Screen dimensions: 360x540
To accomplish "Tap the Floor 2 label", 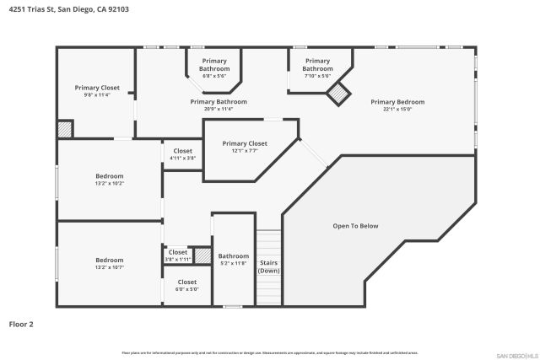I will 21,323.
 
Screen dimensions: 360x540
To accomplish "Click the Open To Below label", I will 355,226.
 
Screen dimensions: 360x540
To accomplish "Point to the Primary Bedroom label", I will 397,101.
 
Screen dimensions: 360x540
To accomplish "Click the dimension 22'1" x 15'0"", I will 397,109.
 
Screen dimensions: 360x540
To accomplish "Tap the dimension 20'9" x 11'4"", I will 218,109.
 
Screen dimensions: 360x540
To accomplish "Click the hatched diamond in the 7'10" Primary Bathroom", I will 339,94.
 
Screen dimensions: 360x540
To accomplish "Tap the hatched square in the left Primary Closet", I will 65,129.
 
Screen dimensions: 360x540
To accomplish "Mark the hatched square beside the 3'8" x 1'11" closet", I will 202,255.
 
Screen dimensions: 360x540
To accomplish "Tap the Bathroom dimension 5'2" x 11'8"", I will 234,263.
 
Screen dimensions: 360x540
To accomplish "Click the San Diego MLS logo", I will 516,355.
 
